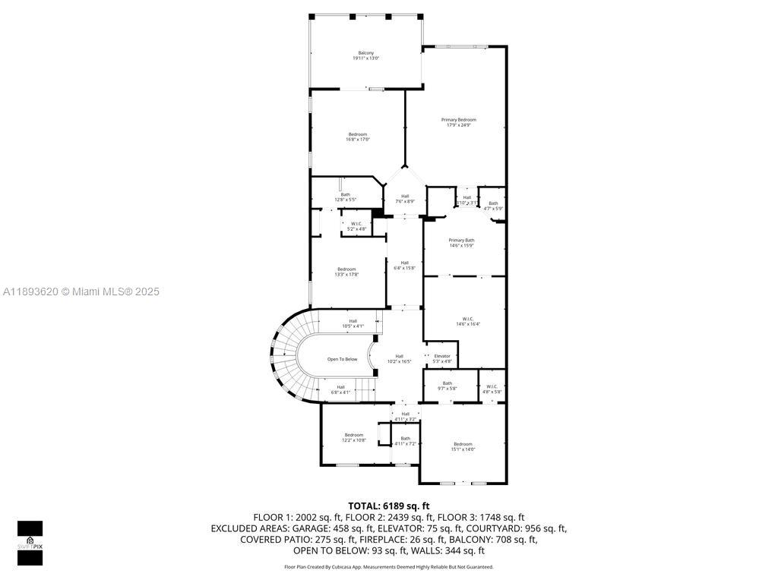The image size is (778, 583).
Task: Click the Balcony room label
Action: (365, 55)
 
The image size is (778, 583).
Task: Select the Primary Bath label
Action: (461, 243)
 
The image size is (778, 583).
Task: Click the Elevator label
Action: (442, 358)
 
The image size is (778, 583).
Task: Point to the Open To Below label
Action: (342, 359)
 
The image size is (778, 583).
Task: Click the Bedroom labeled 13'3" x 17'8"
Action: (346, 272)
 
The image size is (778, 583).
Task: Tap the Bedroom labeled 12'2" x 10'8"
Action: (354, 437)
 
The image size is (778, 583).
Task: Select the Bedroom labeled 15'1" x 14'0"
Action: (463, 446)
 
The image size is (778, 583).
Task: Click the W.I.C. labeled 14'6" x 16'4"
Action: (468, 321)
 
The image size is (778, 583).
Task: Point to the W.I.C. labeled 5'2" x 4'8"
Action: (357, 226)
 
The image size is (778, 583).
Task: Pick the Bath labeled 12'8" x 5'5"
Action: (346, 197)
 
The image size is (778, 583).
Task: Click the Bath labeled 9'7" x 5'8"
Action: (448, 386)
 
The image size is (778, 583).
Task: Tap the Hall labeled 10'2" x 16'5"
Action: (399, 358)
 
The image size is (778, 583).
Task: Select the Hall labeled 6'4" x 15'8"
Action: (404, 265)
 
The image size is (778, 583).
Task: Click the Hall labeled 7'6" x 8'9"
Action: (405, 198)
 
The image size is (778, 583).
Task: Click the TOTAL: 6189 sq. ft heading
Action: (389, 506)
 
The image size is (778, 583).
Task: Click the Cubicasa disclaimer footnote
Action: (389, 566)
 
